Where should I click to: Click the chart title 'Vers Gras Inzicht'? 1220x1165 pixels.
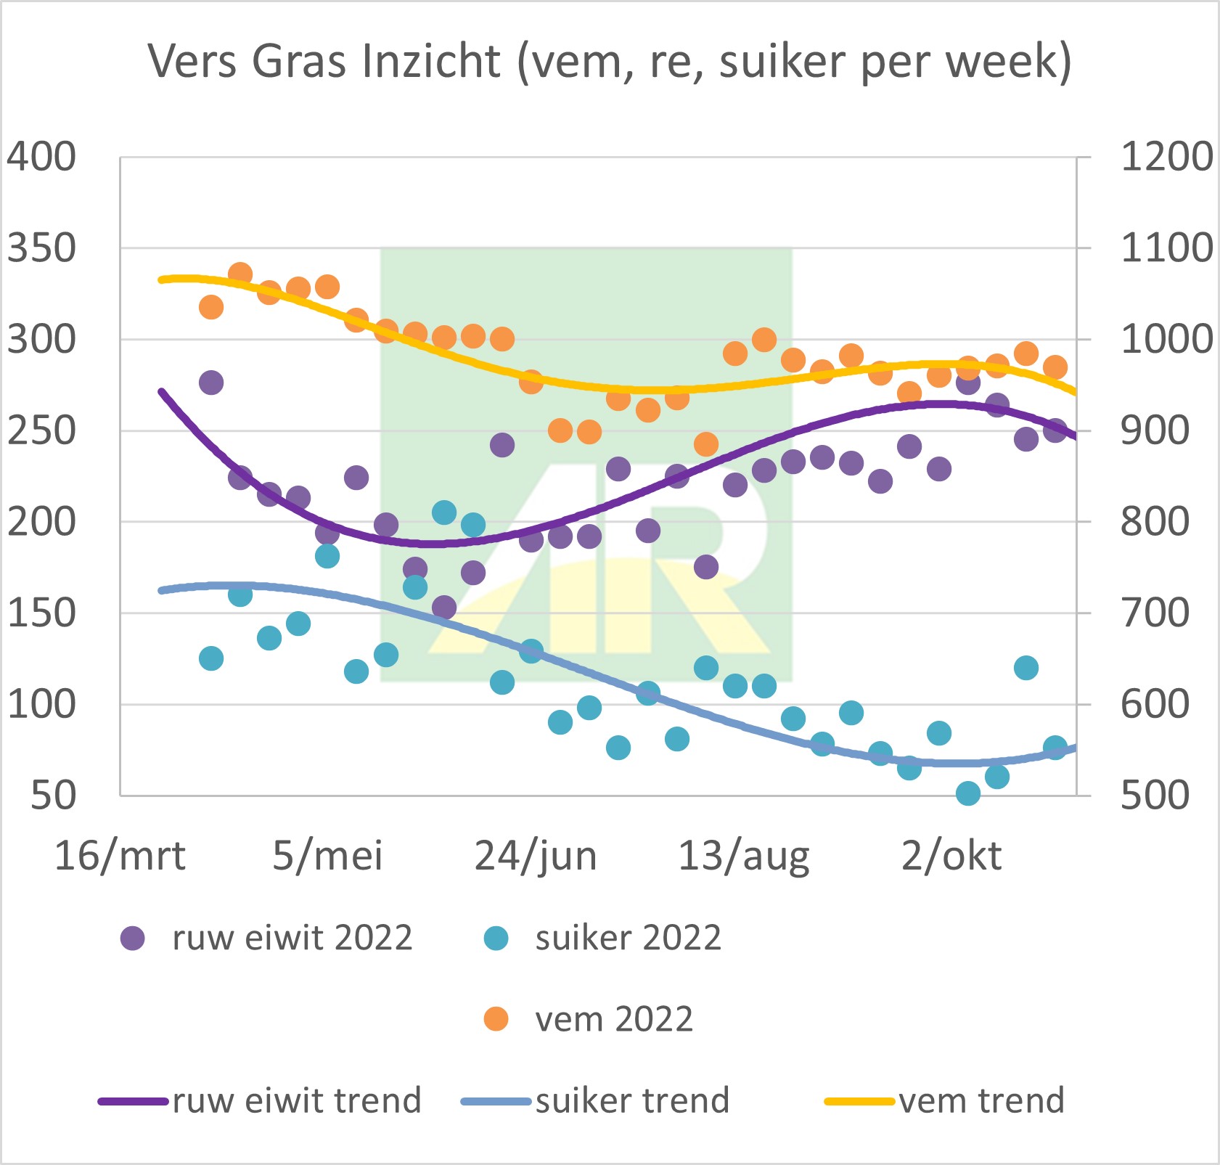[x=610, y=61]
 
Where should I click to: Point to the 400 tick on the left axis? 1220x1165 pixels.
[x=41, y=157]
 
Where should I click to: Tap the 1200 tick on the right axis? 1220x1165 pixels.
[x=1166, y=157]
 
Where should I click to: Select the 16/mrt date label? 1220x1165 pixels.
[x=120, y=856]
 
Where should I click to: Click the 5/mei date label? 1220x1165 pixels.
[x=327, y=856]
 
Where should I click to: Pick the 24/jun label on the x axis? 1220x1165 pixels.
[x=536, y=856]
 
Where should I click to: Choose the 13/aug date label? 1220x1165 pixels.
[x=743, y=856]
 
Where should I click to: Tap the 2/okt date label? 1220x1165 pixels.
[x=951, y=856]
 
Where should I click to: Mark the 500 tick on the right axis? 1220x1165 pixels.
[x=1155, y=796]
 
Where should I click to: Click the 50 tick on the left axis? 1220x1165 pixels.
[x=53, y=796]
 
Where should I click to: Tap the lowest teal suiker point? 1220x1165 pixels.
[x=968, y=793]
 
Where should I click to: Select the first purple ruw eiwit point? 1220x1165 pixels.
[x=211, y=383]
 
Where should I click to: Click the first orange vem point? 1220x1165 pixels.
[x=211, y=307]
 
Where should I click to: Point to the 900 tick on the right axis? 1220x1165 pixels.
[x=1155, y=431]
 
